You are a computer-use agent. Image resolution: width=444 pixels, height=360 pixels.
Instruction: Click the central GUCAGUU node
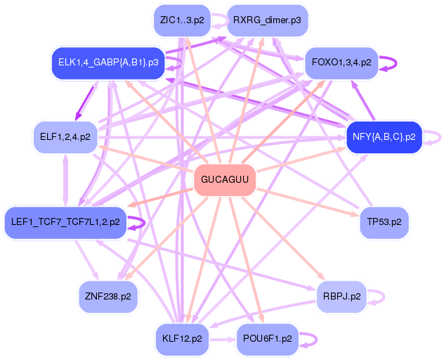tap(224, 180)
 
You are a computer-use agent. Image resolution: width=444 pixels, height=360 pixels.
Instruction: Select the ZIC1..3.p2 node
tap(181, 20)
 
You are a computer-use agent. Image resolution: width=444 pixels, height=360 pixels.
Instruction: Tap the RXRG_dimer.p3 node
tap(266, 20)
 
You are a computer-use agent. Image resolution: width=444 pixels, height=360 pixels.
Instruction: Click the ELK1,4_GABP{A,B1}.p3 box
tap(107, 63)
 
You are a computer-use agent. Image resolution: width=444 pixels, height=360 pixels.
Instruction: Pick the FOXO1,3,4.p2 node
tap(341, 63)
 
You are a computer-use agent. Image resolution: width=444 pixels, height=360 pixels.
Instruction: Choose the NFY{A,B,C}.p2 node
tap(384, 137)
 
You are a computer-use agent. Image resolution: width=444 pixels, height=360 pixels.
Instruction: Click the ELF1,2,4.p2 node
tap(65, 137)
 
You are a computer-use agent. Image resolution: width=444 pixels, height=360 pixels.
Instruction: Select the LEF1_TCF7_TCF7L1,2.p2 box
tap(65, 222)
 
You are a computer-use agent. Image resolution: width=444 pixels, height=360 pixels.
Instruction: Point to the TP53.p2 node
tap(384, 222)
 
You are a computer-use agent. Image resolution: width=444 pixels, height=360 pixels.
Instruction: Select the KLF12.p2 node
tap(181, 339)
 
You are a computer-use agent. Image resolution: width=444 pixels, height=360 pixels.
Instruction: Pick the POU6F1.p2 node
tap(266, 339)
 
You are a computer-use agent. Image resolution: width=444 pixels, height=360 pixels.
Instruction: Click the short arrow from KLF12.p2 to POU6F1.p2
tap(223, 339)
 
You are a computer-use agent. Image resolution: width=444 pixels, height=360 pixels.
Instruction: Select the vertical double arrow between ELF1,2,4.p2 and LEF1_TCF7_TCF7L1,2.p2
tap(65, 180)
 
